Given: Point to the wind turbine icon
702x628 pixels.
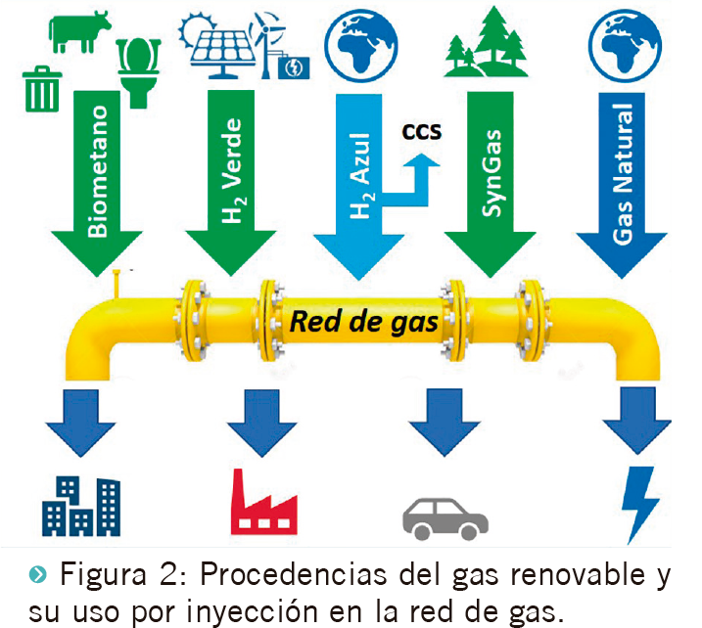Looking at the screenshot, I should tap(271, 34).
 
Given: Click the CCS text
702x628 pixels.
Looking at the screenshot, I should tap(423, 129).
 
